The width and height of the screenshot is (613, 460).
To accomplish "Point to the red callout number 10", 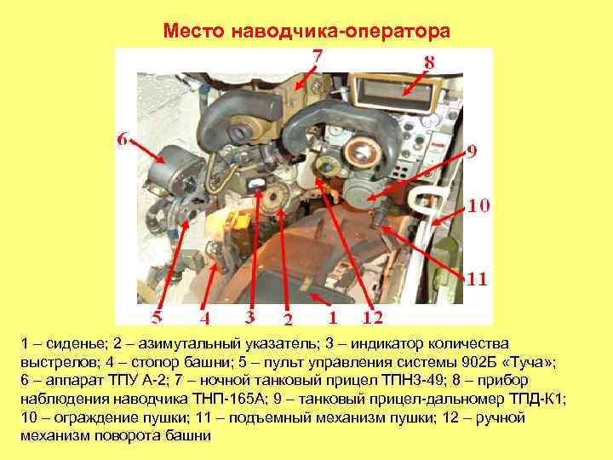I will (477, 205).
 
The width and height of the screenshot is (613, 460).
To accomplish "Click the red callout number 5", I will (158, 317).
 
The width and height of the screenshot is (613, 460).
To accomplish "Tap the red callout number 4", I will (204, 317).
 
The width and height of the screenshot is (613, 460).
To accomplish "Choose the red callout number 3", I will (249, 317).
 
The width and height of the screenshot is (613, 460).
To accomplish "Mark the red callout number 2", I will (288, 319).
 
